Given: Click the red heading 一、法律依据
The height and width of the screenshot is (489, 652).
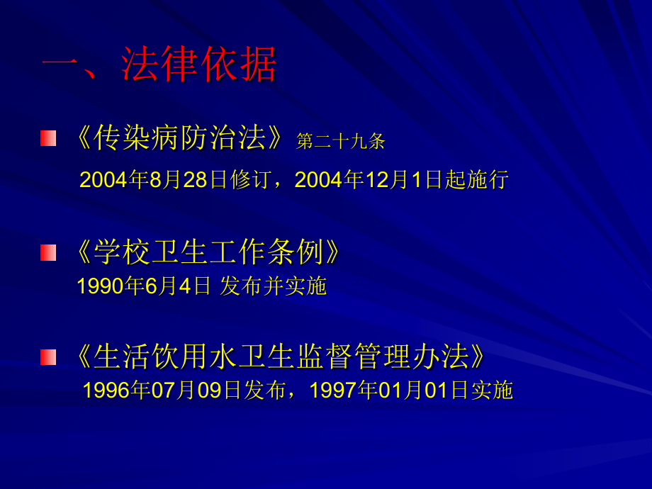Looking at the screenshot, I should point(159,65).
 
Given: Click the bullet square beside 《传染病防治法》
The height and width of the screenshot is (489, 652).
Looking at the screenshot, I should point(48,138).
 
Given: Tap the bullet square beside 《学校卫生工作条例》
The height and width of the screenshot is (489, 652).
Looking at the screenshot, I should point(48,252).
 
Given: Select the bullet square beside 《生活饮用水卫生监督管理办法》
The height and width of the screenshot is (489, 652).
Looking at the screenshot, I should point(48,356).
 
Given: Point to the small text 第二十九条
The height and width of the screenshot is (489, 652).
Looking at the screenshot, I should point(341,142).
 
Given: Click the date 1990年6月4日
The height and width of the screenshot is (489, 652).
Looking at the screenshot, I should point(144,286).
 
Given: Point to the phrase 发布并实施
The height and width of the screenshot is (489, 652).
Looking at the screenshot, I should point(274,286).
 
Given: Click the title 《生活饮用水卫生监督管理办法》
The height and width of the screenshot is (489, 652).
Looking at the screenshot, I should point(281,356).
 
